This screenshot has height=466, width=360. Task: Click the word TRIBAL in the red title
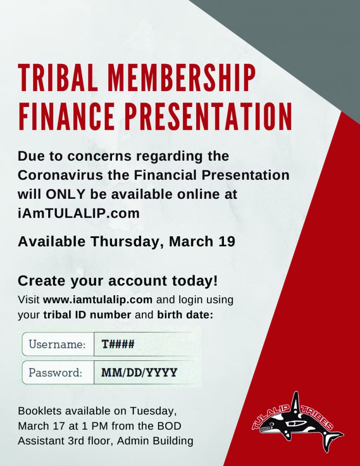58,77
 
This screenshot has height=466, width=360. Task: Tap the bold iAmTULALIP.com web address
78,213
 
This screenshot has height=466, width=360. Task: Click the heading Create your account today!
118,281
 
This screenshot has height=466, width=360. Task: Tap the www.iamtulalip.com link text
97,299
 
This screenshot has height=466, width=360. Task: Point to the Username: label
57,344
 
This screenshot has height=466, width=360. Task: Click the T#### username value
118,344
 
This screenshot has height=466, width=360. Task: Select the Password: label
55,372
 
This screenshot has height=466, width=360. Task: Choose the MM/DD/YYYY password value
139,372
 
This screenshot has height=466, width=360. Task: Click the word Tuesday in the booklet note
153,411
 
